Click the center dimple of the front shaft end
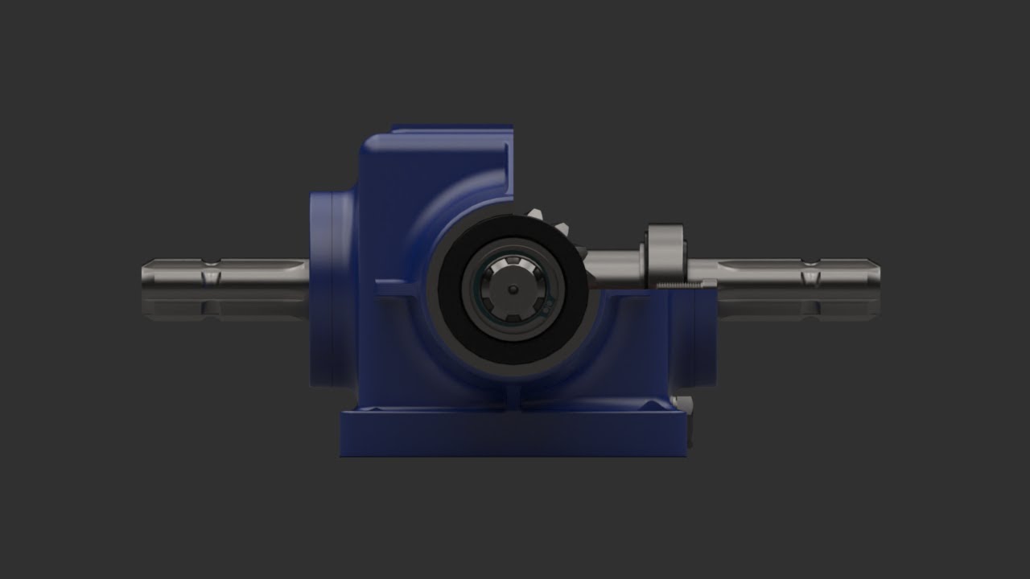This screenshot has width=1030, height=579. [x=512, y=290]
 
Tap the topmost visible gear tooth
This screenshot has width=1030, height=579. [x=538, y=216]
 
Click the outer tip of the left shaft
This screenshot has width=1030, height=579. [x=145, y=273]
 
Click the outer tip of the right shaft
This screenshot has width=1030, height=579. [x=877, y=273]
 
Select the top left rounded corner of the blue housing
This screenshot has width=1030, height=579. [x=372, y=145]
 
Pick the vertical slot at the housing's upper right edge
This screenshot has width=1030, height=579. [x=507, y=169]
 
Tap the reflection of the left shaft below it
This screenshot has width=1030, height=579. [x=225, y=306]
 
